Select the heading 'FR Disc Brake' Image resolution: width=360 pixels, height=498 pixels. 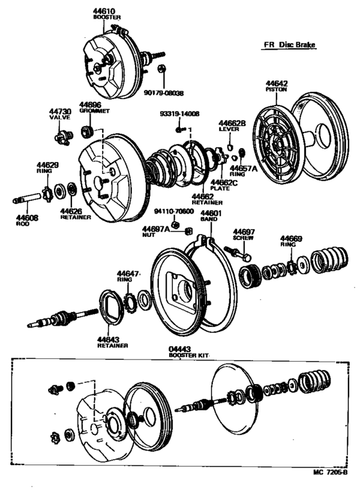[294, 45]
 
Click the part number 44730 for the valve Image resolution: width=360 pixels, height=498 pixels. [60, 112]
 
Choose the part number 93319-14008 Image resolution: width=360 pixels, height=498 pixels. [181, 114]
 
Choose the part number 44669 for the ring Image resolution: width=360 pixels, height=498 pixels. [291, 239]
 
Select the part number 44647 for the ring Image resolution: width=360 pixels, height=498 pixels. [127, 273]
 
